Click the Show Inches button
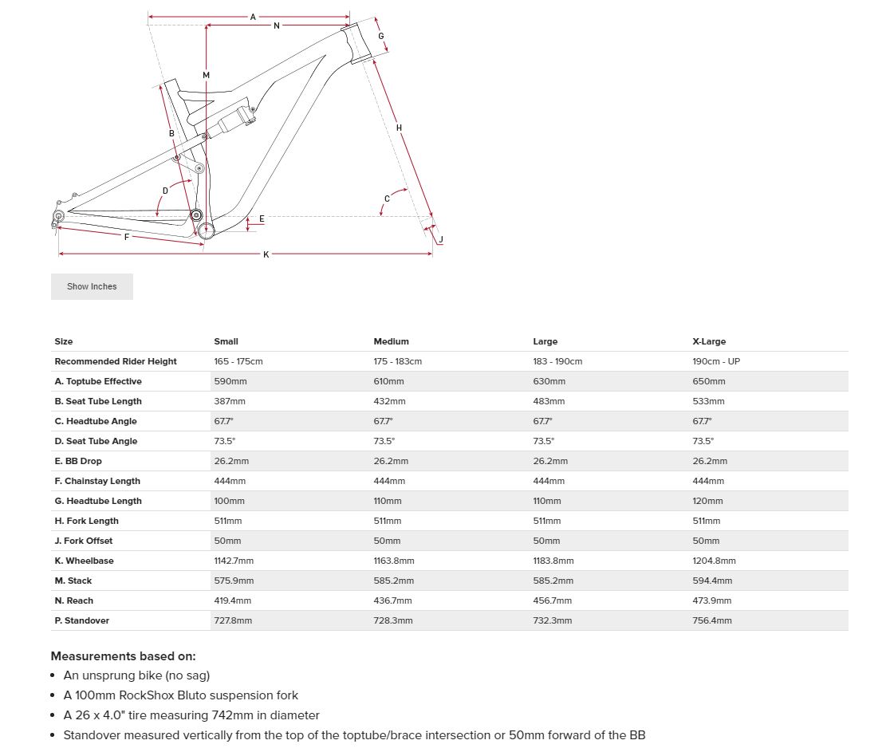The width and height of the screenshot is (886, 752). pos(92,286)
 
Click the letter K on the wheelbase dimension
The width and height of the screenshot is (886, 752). pos(266,254)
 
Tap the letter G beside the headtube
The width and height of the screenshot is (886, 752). pos(381,36)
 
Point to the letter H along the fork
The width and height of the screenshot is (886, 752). pos(399,128)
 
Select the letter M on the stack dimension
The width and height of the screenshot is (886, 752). pos(206,75)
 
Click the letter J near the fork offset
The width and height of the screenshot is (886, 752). pos(441,239)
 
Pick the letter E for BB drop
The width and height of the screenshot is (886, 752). pos(262,219)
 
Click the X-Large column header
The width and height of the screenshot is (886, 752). pos(709,341)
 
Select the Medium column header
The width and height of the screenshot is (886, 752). pos(391,341)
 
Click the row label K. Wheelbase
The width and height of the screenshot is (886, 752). pos(84,561)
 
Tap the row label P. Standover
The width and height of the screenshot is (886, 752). pos(81,620)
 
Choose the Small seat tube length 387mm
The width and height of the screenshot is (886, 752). pos(230,401)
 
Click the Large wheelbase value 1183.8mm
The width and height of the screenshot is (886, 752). pos(553,561)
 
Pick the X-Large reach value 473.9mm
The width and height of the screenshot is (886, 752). pos(712,600)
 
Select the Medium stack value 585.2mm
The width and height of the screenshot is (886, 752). pos(393,581)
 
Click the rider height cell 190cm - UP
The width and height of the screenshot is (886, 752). pos(716,361)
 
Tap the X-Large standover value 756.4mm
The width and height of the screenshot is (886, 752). pos(712,620)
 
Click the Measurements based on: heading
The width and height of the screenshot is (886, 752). pos(123,656)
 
